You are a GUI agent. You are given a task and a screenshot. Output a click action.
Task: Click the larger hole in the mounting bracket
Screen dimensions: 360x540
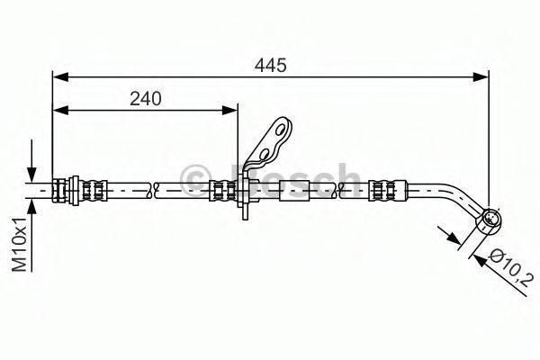(x=283, y=131)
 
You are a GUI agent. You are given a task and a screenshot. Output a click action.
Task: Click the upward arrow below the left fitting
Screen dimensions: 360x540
(x=32, y=208)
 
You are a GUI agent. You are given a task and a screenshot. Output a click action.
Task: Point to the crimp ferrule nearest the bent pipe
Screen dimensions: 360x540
(x=382, y=190)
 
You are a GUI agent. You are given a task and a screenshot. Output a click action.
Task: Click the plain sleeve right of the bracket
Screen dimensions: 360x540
(x=294, y=190)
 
